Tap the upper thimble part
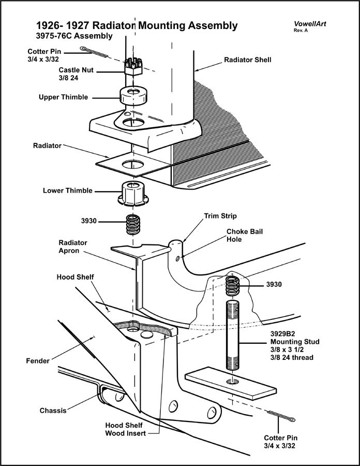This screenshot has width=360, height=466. pyautogui.click(x=133, y=96)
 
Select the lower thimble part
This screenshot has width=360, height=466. pyautogui.click(x=133, y=193)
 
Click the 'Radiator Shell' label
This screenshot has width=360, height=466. pyautogui.click(x=247, y=60)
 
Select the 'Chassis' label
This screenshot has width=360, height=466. pyautogui.click(x=53, y=411)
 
